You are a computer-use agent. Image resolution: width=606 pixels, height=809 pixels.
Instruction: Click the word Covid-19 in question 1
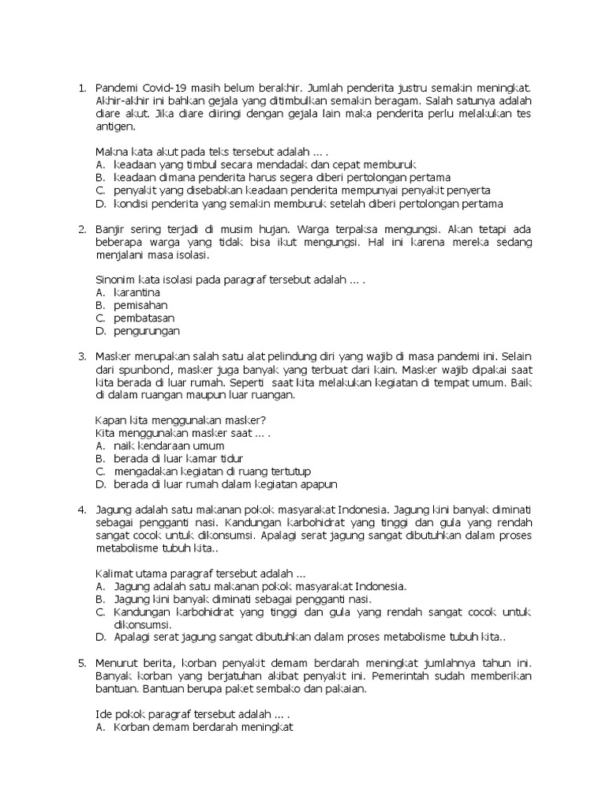[x=164, y=87]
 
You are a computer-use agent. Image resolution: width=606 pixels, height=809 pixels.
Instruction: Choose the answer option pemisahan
[x=140, y=306]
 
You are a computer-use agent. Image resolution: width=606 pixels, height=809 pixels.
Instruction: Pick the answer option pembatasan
[x=144, y=318]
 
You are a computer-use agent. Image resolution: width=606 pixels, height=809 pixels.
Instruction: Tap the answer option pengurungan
[x=147, y=331]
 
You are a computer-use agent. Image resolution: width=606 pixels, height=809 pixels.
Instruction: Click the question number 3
[x=82, y=357]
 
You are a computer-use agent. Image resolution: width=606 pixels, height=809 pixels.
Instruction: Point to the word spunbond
[x=147, y=370]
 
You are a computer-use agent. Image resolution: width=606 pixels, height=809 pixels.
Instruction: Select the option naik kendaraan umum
[x=169, y=446]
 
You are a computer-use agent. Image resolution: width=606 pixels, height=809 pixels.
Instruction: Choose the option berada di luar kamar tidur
[x=178, y=459]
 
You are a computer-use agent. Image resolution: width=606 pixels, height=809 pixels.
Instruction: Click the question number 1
[x=82, y=87]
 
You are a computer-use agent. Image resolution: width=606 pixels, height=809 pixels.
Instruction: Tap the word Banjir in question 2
[x=110, y=230]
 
